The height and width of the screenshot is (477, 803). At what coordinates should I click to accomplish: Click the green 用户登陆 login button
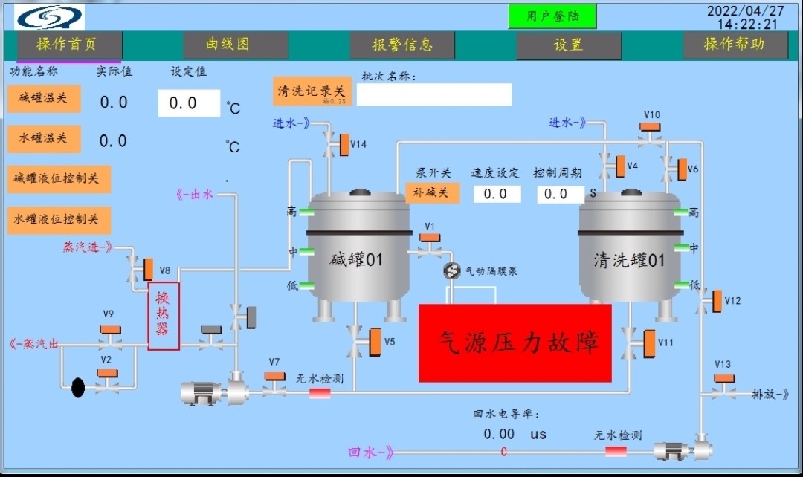[x=552, y=16]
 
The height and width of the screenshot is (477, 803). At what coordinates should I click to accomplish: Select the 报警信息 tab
[x=402, y=45]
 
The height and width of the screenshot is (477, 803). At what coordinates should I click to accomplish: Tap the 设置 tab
[x=569, y=45]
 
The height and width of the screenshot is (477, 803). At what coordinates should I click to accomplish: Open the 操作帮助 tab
[x=735, y=45]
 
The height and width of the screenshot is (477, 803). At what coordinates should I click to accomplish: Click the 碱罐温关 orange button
[x=44, y=98]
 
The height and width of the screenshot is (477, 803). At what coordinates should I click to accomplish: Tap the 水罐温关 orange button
[x=44, y=138]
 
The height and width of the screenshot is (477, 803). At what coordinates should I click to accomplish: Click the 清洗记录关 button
[x=312, y=91]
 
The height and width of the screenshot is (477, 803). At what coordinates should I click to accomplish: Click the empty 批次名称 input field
[x=434, y=94]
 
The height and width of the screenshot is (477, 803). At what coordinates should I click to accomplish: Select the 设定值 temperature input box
[x=189, y=103]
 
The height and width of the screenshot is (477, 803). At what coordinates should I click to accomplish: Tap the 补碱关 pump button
[x=432, y=192]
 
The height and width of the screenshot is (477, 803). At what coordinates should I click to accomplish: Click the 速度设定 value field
[x=496, y=194]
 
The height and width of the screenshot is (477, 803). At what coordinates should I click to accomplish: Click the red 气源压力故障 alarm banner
[x=515, y=343]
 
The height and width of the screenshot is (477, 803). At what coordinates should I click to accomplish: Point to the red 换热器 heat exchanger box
[x=164, y=316]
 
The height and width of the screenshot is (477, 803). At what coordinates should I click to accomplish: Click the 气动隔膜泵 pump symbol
[x=451, y=271]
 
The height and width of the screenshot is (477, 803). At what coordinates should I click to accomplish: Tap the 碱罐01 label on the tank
[x=356, y=259]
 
